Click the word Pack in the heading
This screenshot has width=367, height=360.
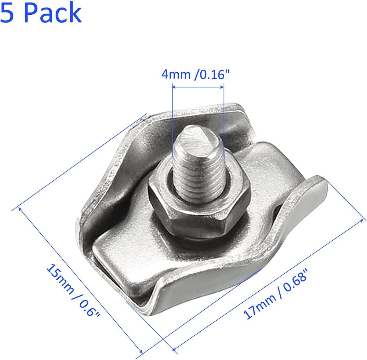point(53,12)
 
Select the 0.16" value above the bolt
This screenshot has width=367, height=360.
point(212,75)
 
